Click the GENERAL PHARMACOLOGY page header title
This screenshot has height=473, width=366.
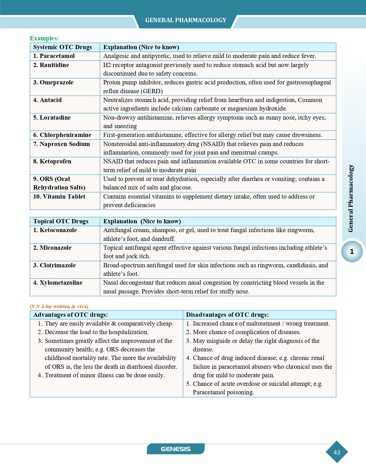point(186,20)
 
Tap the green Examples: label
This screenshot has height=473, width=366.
point(44,38)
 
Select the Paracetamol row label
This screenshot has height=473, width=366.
point(54,56)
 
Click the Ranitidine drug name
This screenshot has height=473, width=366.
point(51,65)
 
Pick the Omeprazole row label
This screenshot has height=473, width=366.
point(53,82)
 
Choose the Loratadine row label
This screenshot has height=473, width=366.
point(52,118)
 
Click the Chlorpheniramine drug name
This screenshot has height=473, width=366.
point(62,135)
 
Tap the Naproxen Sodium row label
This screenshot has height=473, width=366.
point(62,144)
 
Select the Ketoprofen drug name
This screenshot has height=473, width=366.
point(52,161)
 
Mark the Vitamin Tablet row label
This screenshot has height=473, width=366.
point(59,197)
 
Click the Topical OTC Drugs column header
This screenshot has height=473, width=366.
point(61,221)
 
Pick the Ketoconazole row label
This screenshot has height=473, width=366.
point(55,230)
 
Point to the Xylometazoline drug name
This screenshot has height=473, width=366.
point(58,283)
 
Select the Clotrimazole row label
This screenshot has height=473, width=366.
point(54,265)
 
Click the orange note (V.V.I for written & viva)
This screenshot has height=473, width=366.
point(59,307)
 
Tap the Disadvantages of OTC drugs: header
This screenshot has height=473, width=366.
point(227,315)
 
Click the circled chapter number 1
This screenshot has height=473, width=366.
point(352,251)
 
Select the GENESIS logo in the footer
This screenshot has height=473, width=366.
point(176,449)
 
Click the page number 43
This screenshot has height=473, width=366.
point(337,452)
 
